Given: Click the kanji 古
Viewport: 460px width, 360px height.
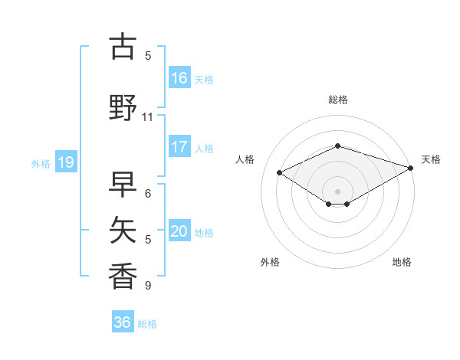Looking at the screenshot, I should pyautogui.click(x=123, y=47).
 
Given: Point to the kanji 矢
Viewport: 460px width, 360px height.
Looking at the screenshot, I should pyautogui.click(x=123, y=229).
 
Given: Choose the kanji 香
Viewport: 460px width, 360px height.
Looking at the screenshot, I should pyautogui.click(x=123, y=273).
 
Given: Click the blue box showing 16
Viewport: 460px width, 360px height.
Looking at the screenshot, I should pyautogui.click(x=179, y=77).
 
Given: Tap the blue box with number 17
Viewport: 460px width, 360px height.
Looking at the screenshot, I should pyautogui.click(x=179, y=147).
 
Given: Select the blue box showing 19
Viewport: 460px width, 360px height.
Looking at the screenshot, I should pyautogui.click(x=66, y=162).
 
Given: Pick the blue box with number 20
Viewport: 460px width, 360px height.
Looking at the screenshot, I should pyautogui.click(x=179, y=231).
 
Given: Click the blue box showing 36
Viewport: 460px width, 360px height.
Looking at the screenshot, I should pyautogui.click(x=123, y=322).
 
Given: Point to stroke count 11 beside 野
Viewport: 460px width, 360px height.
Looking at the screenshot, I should pyautogui.click(x=148, y=117).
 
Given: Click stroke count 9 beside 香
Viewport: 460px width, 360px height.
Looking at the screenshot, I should pyautogui.click(x=148, y=286).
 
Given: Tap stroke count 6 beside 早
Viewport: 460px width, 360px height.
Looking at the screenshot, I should pyautogui.click(x=148, y=194).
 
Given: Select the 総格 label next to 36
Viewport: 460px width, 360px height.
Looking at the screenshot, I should pyautogui.click(x=147, y=324).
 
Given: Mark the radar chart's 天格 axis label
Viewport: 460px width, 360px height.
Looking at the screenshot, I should pyautogui.click(x=431, y=159).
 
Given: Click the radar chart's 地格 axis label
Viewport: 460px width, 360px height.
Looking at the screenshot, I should pyautogui.click(x=402, y=262).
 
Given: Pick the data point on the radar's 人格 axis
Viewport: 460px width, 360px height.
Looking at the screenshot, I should pyautogui.click(x=279, y=172).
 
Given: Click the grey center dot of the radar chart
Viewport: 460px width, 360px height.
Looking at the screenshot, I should pyautogui.click(x=338, y=191).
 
